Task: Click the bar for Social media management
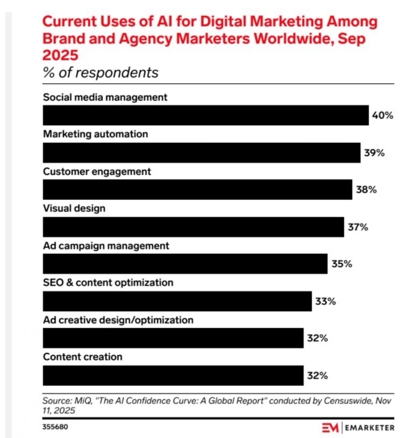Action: click(x=206, y=115)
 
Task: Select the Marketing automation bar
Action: click(x=201, y=153)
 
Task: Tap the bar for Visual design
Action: click(x=193, y=227)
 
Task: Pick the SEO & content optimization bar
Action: click(x=177, y=301)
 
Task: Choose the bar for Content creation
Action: click(x=173, y=376)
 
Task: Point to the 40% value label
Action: click(x=382, y=115)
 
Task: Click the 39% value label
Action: click(x=374, y=153)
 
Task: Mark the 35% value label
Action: click(x=342, y=264)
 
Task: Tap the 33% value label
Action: click(x=326, y=301)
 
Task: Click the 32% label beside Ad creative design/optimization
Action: click(x=317, y=338)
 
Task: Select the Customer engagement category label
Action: click(x=97, y=172)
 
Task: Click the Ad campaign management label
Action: click(x=106, y=246)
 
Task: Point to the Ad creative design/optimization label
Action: click(x=118, y=320)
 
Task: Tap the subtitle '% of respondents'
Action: click(x=100, y=73)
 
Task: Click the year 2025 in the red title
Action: click(x=60, y=55)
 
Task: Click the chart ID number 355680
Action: click(x=55, y=427)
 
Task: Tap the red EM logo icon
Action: click(x=330, y=428)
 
